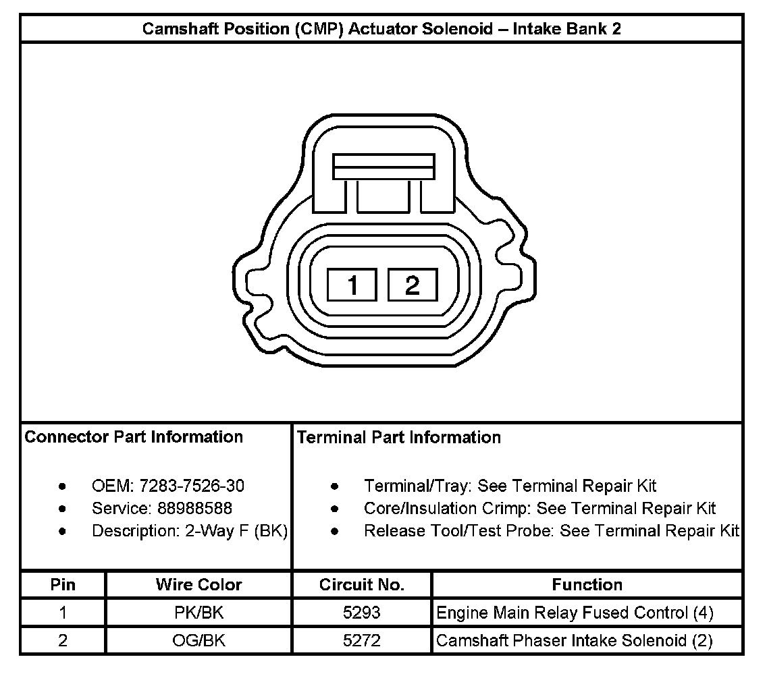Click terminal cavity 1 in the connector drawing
click(x=352, y=285)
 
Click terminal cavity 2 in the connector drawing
click(x=413, y=285)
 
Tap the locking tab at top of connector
click(x=383, y=167)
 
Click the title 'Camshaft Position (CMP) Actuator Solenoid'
click(x=381, y=29)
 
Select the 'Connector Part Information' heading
click(x=134, y=437)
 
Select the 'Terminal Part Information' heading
click(x=399, y=438)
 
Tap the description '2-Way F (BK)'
click(x=236, y=531)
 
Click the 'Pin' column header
click(x=63, y=584)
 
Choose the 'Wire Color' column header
click(x=199, y=584)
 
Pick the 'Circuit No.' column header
click(x=362, y=584)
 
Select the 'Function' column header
click(x=587, y=584)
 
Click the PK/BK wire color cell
click(x=199, y=613)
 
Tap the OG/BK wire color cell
click(x=199, y=640)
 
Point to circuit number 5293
click(x=362, y=613)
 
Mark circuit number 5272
click(x=362, y=640)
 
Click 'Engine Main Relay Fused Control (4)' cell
click(x=575, y=613)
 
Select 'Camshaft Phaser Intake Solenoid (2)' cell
click(x=575, y=640)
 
